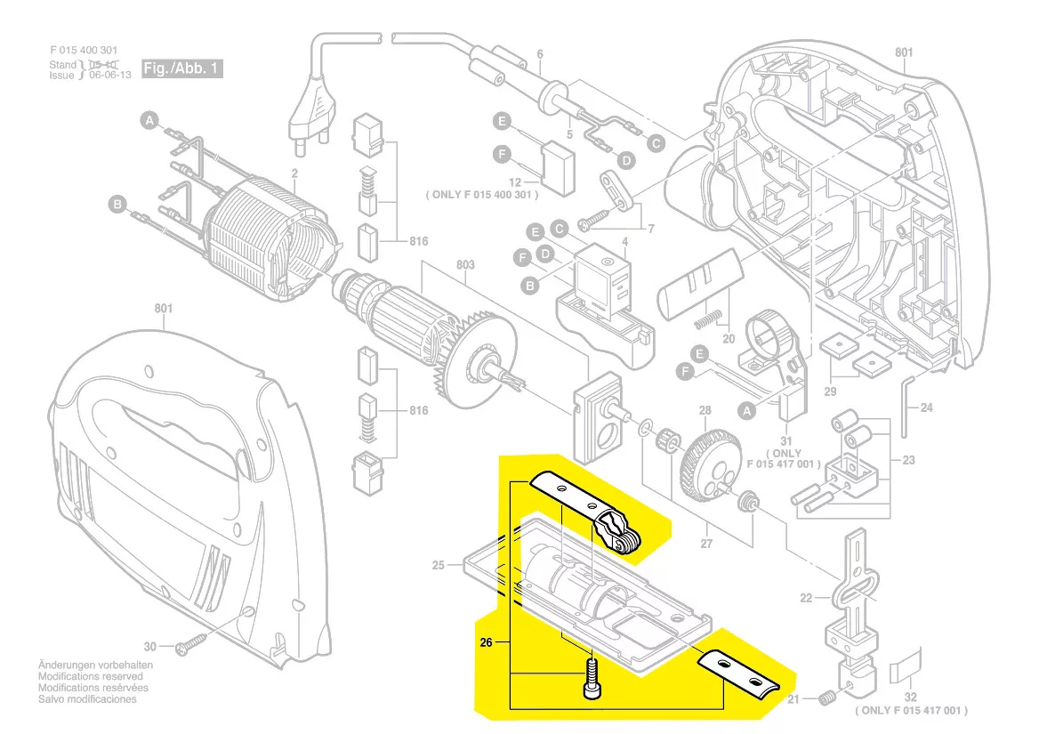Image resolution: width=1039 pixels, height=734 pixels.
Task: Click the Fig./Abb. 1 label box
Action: pyautogui.click(x=181, y=69)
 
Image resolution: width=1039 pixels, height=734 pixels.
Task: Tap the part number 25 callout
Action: pyautogui.click(x=438, y=566)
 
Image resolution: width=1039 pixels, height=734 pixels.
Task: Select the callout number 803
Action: pyautogui.click(x=465, y=265)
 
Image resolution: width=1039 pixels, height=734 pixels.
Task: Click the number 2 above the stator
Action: pyautogui.click(x=294, y=172)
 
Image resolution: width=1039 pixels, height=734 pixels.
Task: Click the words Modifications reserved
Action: pyautogui.click(x=85, y=676)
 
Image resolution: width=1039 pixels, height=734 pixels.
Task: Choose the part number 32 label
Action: pyautogui.click(x=911, y=698)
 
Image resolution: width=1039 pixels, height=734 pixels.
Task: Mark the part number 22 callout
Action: pyautogui.click(x=806, y=598)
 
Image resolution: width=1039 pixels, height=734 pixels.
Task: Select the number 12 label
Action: pyautogui.click(x=514, y=181)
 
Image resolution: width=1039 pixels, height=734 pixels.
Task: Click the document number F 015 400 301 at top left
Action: pyautogui.click(x=85, y=52)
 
